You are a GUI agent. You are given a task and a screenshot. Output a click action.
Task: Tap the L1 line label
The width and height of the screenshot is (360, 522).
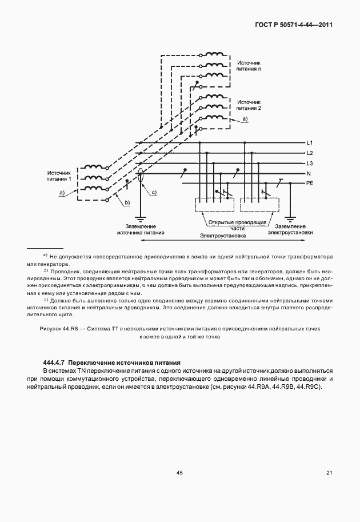tap(309, 142)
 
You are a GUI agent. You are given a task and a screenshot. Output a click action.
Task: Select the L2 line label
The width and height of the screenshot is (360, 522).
tap(309, 153)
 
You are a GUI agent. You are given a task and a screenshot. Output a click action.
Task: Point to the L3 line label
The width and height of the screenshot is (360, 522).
tap(309, 164)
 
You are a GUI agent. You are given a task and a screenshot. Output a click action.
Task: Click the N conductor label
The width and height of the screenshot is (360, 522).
tap(309, 173)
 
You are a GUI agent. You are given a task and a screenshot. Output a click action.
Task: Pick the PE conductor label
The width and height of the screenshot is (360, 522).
tap(310, 184)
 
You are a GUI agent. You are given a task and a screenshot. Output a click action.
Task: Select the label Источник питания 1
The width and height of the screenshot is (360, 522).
tap(59, 175)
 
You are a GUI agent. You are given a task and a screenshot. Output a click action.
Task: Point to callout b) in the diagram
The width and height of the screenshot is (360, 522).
tap(127, 202)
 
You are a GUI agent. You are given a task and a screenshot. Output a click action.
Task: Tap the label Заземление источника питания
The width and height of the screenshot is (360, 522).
tap(141, 229)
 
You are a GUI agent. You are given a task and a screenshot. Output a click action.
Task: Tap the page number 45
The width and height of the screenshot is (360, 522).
tap(179, 473)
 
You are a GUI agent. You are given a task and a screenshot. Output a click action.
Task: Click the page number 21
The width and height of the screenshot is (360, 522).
tap(329, 473)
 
